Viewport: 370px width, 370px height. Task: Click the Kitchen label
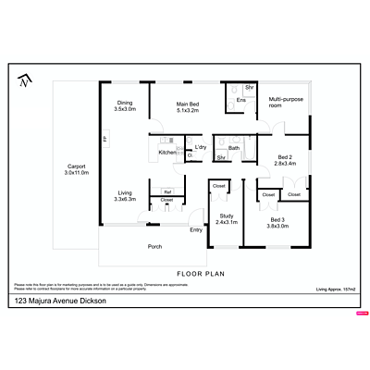[x=167, y=152]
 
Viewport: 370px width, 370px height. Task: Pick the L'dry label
[x=200, y=148]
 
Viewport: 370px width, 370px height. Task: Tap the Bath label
[x=234, y=148]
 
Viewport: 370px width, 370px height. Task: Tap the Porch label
[x=155, y=247]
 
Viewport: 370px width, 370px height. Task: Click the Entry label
[x=196, y=229]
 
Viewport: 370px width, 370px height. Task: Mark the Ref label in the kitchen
[x=167, y=191]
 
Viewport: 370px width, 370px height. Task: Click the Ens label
[x=240, y=100]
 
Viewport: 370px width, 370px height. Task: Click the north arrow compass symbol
[x=23, y=82]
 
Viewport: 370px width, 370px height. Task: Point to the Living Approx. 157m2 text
[x=335, y=290]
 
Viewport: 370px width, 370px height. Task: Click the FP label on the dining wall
[x=105, y=139]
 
